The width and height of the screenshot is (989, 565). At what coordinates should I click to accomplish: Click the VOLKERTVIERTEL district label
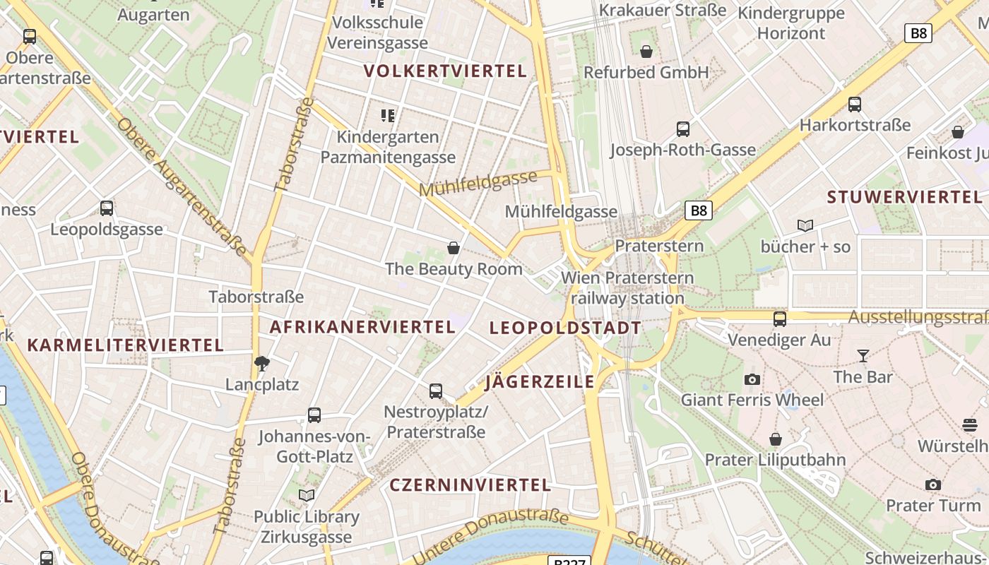point(445,71)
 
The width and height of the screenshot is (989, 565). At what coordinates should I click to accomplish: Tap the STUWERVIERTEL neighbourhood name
point(904,197)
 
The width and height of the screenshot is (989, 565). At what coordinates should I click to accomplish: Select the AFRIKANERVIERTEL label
point(362,327)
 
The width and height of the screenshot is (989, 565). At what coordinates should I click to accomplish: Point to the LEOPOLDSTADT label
point(565,328)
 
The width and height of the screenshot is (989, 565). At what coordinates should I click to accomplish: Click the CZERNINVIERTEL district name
point(470,485)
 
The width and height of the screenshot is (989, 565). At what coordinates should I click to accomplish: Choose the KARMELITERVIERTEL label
point(125,345)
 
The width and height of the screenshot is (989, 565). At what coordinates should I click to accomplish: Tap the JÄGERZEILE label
point(540,382)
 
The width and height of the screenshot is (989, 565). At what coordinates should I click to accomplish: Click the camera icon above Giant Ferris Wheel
point(752,380)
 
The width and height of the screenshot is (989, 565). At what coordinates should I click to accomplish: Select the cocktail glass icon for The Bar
point(863,356)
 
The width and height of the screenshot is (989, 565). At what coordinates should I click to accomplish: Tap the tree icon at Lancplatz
point(262,364)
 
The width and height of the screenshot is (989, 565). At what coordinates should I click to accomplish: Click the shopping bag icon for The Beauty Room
point(454,248)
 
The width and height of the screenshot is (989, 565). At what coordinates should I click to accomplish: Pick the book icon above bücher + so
point(805,226)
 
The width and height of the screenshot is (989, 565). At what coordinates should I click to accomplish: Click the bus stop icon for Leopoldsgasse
point(107,208)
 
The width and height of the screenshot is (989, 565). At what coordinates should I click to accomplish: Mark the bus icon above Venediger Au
point(780,319)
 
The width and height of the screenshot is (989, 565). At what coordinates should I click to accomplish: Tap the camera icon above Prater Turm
point(933,485)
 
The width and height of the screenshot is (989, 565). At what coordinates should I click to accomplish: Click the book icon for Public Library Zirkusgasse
point(307,496)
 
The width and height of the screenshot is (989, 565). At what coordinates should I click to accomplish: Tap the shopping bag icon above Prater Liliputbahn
point(776,439)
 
